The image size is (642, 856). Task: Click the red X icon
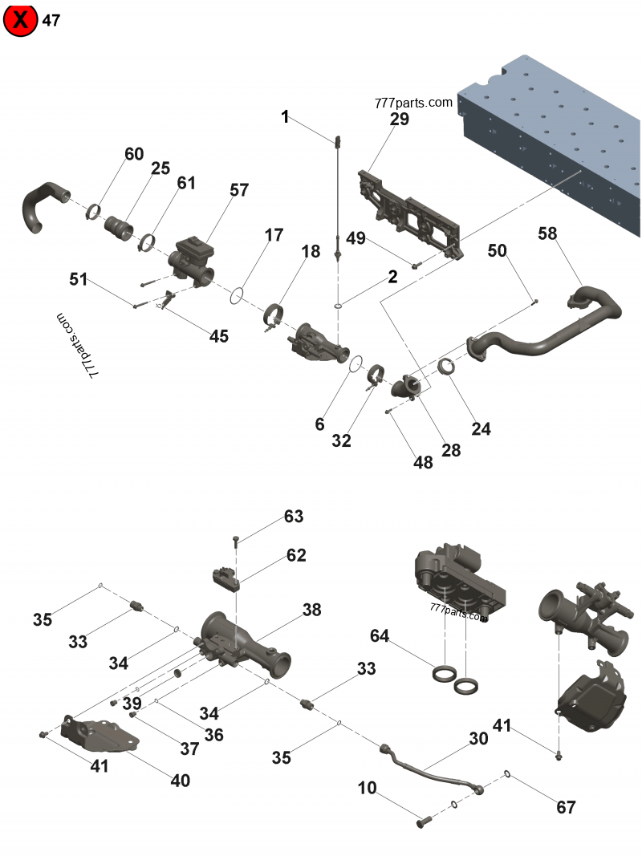21,21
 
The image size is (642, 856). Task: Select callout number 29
399,120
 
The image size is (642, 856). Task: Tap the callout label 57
239,190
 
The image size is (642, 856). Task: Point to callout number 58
547,233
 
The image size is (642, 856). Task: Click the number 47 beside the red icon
51,21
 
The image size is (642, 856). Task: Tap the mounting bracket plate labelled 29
409,213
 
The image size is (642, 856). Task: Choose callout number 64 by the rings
380,636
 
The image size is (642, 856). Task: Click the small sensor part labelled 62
227,578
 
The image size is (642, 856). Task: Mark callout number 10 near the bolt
367,788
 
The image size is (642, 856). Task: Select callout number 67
566,807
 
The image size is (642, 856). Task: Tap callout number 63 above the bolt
294,516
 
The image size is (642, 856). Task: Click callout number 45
219,336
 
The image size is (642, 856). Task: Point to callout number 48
423,462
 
